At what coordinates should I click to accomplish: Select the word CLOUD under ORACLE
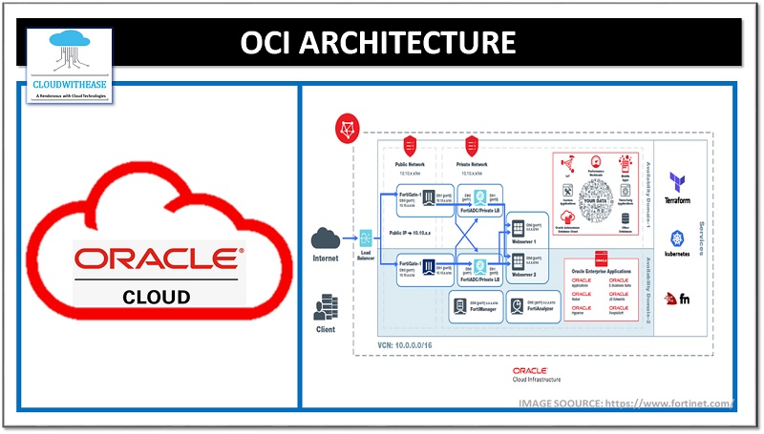click(x=158, y=296)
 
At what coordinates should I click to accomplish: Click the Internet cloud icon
click(x=326, y=238)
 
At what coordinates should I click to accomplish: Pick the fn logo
click(x=679, y=300)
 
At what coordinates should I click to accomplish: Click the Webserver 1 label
click(x=529, y=242)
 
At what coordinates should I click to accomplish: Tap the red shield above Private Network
click(x=471, y=145)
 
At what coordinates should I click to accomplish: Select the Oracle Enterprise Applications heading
click(x=605, y=272)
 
